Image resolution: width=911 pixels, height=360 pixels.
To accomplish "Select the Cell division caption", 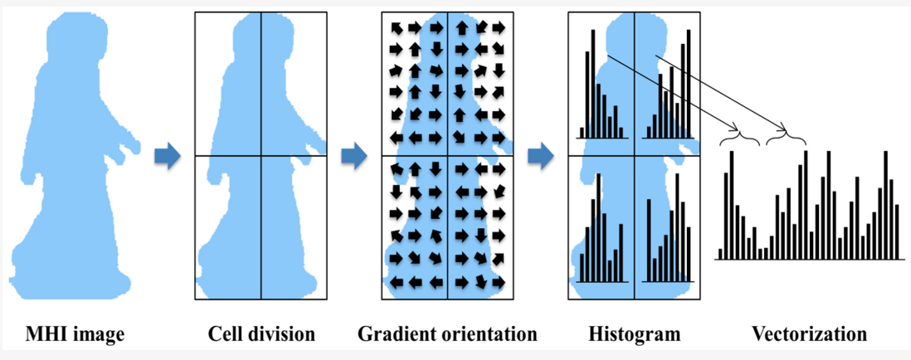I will [x=261, y=335].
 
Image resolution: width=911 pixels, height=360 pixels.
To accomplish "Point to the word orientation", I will [x=487, y=335].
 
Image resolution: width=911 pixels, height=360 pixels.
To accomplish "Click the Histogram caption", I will [x=635, y=335].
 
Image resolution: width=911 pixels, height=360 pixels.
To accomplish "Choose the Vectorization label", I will [x=810, y=335].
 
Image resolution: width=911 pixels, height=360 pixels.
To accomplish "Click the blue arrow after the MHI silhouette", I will [x=168, y=155].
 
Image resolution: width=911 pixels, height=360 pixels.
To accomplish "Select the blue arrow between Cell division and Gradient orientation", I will [x=354, y=155].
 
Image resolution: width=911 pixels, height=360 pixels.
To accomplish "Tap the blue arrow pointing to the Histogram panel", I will [x=541, y=155].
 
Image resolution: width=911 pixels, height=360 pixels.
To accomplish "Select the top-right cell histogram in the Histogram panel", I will [x=669, y=87].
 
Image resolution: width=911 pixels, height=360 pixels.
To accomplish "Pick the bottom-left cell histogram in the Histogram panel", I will [x=601, y=241].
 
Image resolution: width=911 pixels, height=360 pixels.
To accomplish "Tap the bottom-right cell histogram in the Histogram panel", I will [x=669, y=241].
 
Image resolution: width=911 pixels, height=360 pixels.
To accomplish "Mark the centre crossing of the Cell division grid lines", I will [x=261, y=156].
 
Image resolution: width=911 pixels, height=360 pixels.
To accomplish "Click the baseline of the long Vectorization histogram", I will [x=809, y=260].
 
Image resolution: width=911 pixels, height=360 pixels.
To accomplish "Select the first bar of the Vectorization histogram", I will [x=720, y=254].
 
